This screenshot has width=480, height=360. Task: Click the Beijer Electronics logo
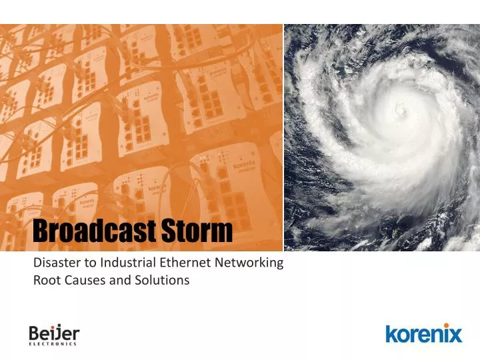click(x=53, y=335)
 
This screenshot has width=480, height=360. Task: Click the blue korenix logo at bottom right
click(x=423, y=333)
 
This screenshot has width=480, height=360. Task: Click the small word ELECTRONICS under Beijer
click(x=53, y=345)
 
